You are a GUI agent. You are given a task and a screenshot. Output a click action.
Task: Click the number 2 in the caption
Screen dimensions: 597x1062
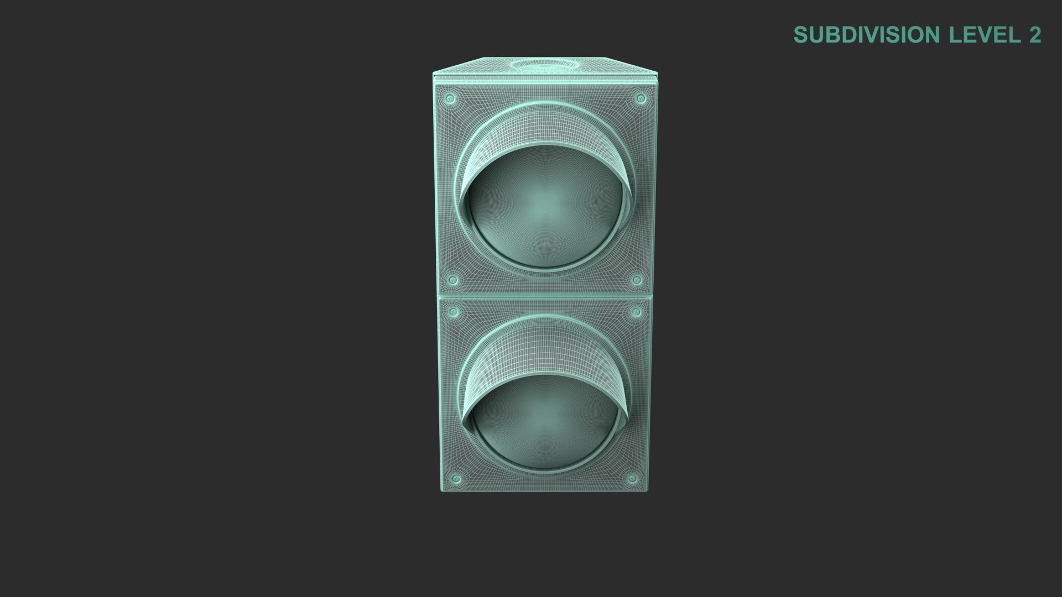(x=1035, y=35)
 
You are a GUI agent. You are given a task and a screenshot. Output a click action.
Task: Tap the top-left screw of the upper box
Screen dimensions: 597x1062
(x=450, y=99)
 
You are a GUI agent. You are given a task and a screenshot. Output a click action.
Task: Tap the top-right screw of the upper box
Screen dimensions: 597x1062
(x=641, y=99)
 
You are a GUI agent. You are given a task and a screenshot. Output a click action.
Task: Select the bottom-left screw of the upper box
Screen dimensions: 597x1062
(x=453, y=280)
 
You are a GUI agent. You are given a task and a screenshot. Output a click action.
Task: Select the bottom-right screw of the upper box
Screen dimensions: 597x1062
(x=637, y=280)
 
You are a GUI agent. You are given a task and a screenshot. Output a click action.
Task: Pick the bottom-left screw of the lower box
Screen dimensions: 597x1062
(x=457, y=478)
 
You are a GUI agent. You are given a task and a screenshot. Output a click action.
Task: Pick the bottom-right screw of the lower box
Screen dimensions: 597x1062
(x=632, y=478)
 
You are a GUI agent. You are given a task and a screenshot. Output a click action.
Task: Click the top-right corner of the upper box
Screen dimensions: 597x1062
(x=659, y=74)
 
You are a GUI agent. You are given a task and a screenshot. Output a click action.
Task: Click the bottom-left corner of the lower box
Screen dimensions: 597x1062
(x=441, y=492)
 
